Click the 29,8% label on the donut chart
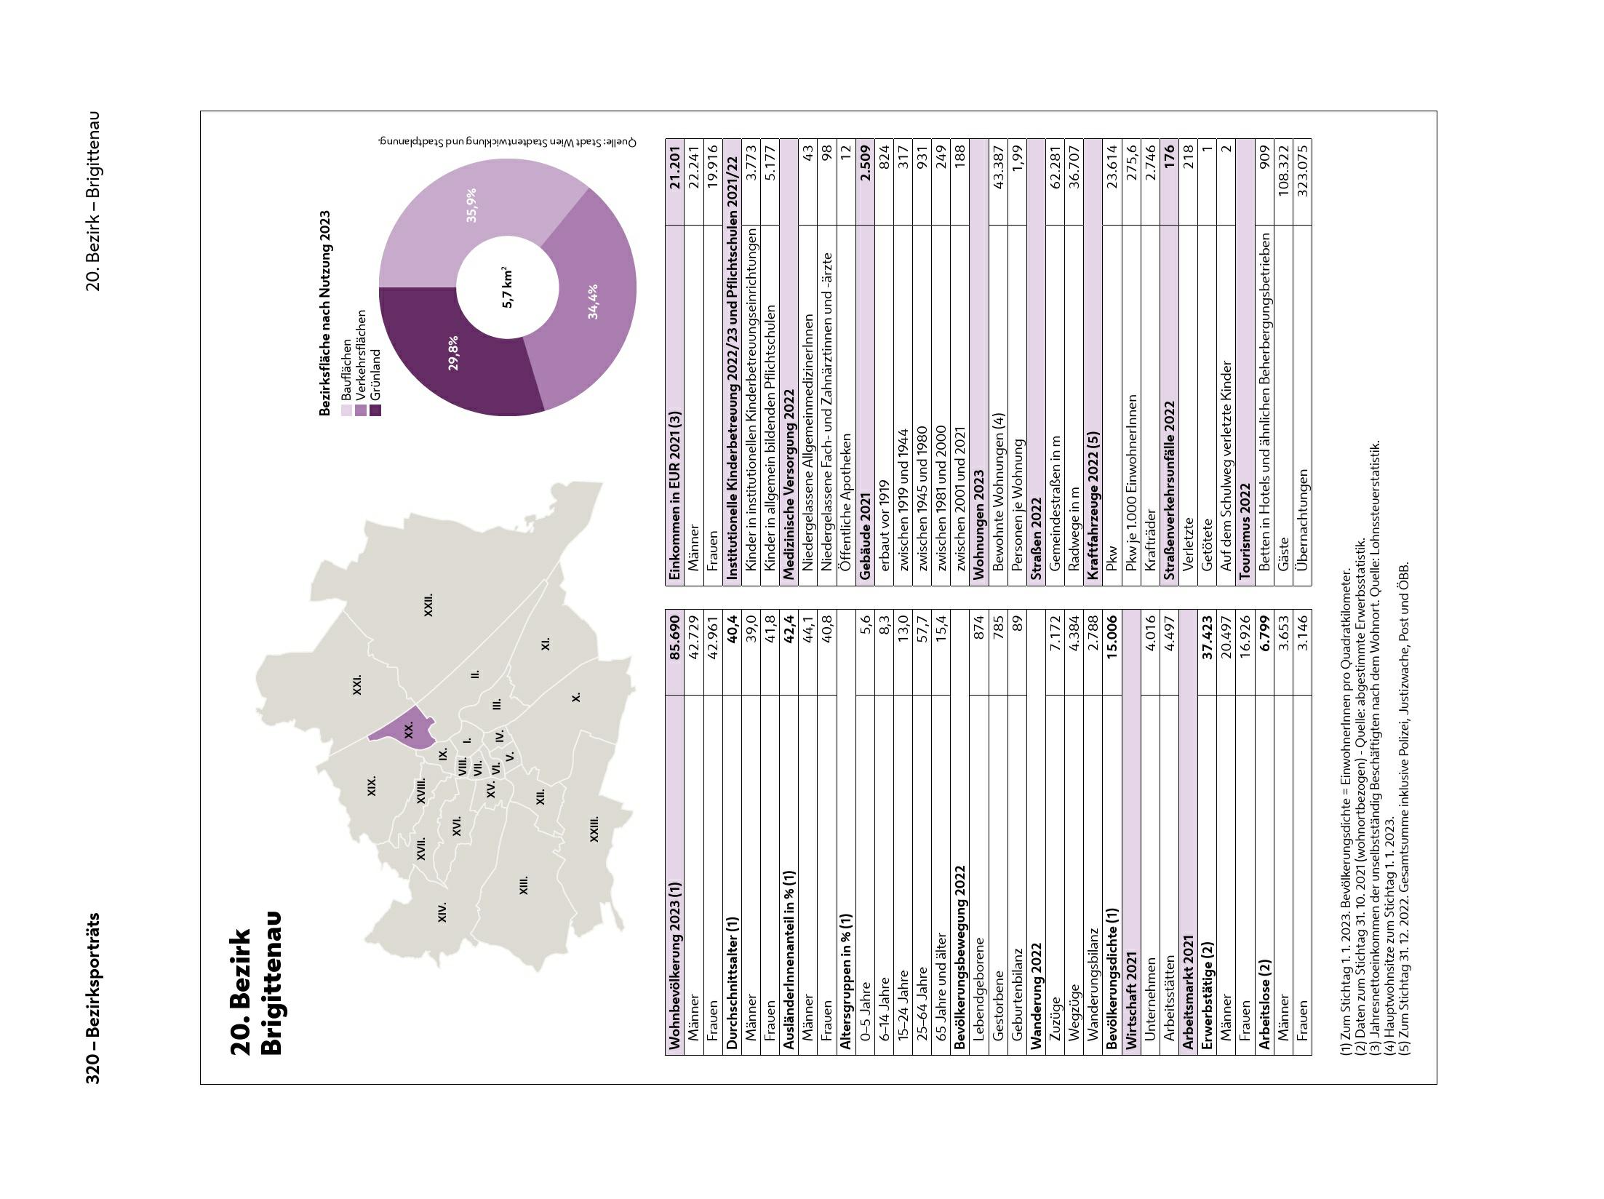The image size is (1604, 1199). (x=453, y=353)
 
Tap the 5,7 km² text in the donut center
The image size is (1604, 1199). (x=508, y=287)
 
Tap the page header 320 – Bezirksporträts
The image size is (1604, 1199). (x=93, y=997)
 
